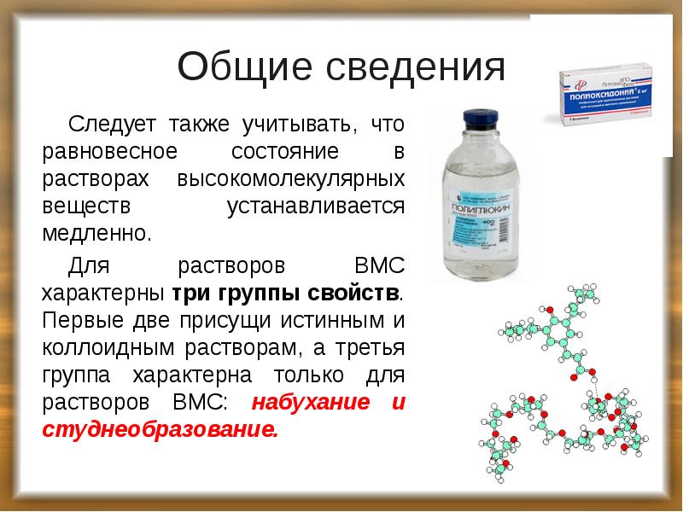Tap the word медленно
pyautogui.click(x=96, y=233)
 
